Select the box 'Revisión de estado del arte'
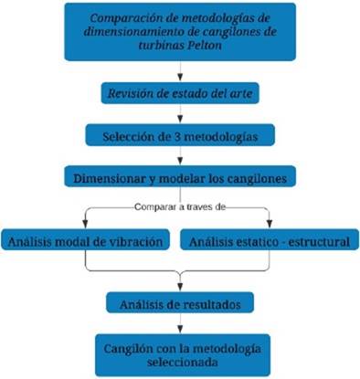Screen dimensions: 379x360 (180, 93)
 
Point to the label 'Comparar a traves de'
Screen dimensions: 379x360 (181, 205)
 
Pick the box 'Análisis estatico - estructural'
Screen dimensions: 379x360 (271, 242)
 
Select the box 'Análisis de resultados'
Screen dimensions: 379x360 (180, 302)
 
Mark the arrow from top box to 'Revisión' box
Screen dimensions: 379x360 (180, 71)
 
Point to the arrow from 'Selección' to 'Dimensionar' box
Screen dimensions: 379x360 (180, 155)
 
